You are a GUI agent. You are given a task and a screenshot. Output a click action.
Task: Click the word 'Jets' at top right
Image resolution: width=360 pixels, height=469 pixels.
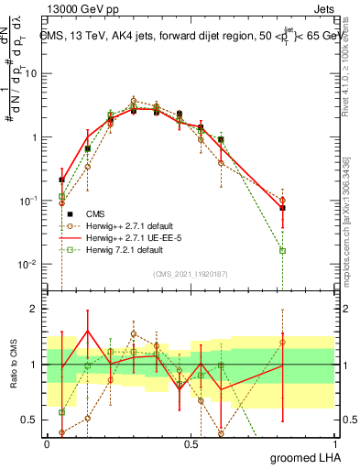point(326,7)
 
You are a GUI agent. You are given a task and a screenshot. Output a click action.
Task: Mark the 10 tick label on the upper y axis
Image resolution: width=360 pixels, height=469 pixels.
point(30,74)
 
